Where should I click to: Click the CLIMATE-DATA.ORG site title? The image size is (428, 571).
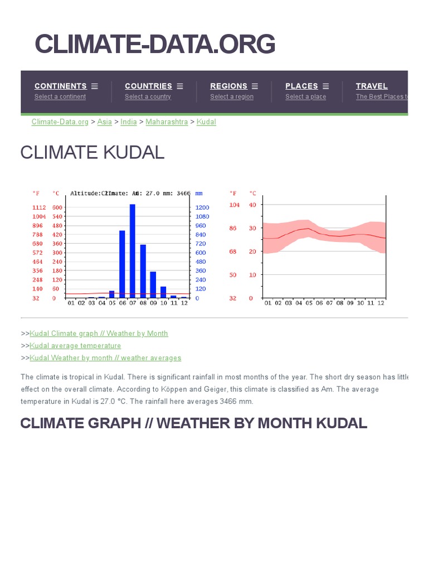[x=155, y=44]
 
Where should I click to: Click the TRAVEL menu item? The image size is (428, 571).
[x=372, y=86]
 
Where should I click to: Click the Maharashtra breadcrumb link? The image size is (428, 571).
[x=167, y=122]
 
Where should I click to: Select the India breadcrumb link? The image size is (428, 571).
[x=128, y=122]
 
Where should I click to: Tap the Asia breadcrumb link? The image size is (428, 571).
[x=104, y=122]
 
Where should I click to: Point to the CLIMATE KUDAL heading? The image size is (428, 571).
[x=93, y=152]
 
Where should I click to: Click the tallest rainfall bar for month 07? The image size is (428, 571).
[x=133, y=251]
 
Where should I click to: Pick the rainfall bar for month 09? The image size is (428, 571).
[x=153, y=284]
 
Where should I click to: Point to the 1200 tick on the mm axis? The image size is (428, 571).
[x=202, y=207]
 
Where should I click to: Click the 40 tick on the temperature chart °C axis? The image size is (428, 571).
[x=252, y=205]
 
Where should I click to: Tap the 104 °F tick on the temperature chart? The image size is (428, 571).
[x=234, y=205]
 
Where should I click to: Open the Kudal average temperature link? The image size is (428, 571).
[x=75, y=346]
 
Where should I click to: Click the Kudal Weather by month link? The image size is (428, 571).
[x=105, y=358]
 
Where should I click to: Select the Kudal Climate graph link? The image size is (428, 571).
[x=99, y=333]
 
